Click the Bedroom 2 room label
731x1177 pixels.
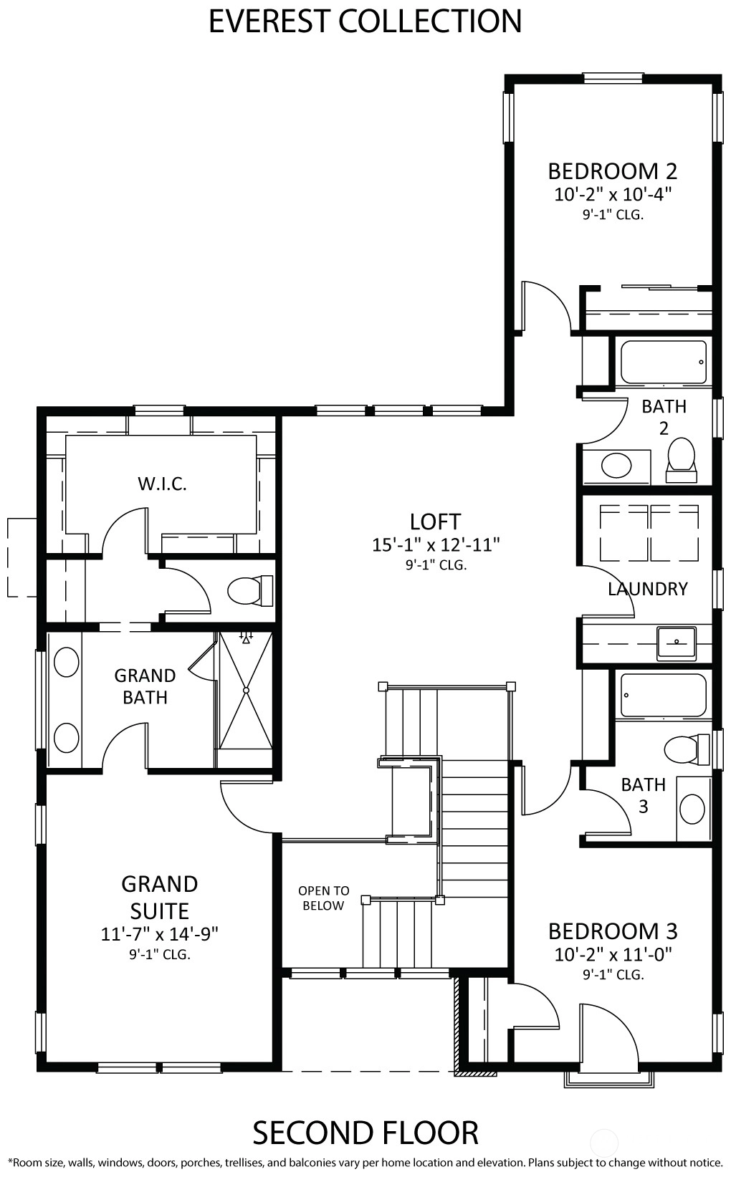pos(612,171)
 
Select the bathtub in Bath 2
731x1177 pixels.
pos(663,362)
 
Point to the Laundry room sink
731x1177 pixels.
pos(677,643)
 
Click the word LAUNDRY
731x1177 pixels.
pos(647,589)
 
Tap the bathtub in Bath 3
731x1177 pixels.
pos(663,695)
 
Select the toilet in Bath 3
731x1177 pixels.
pos(687,749)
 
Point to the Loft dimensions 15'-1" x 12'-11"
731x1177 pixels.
pos(436,545)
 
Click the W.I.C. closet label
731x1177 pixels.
pos(163,484)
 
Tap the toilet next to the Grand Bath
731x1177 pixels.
pos(250,590)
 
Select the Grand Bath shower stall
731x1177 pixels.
pos(245,691)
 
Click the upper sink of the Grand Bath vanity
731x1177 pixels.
pos(67,662)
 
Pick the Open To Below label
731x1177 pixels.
pos(324,898)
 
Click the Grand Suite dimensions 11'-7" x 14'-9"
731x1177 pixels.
pos(160,933)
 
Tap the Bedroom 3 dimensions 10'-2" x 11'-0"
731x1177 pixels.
pos(613,954)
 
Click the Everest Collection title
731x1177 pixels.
pos(365,21)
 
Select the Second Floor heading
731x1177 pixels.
pos(365,1133)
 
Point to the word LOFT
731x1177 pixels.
pos(436,522)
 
